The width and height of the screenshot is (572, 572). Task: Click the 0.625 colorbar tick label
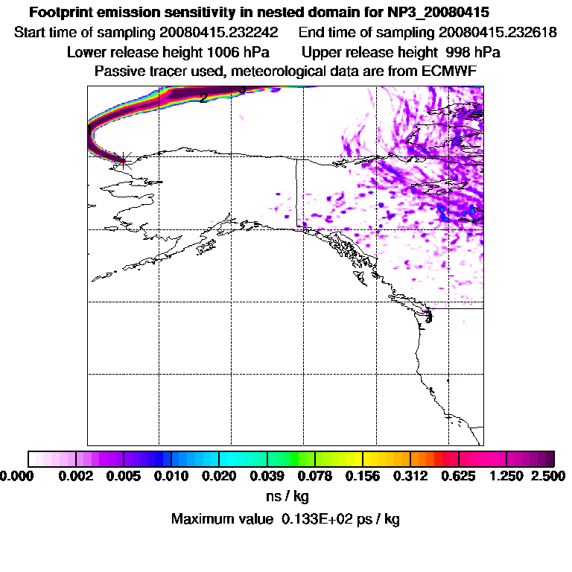[459, 475]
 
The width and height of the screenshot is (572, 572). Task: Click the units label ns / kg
[286, 495]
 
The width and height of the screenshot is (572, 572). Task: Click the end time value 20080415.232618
[498, 33]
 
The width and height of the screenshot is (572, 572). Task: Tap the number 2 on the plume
[203, 98]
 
